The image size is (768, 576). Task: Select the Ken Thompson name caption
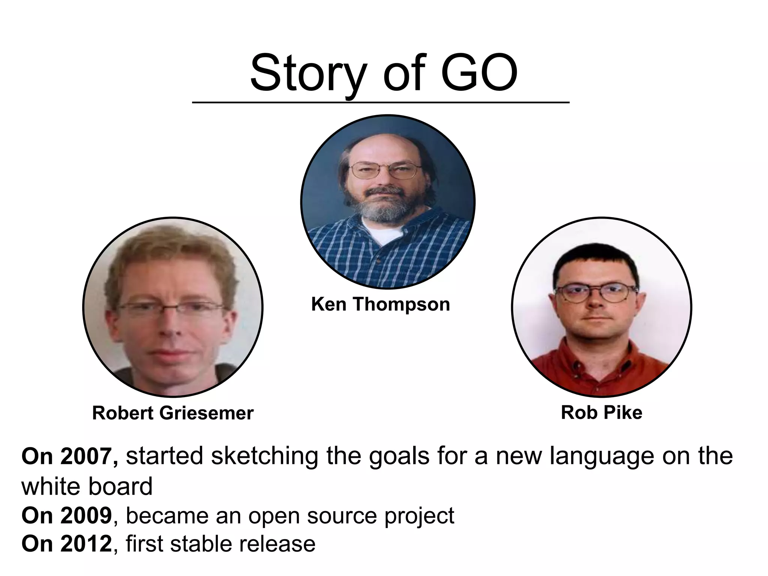pos(380,304)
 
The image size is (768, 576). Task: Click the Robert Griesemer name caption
pos(173,413)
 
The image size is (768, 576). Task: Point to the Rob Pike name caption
pos(601,413)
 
